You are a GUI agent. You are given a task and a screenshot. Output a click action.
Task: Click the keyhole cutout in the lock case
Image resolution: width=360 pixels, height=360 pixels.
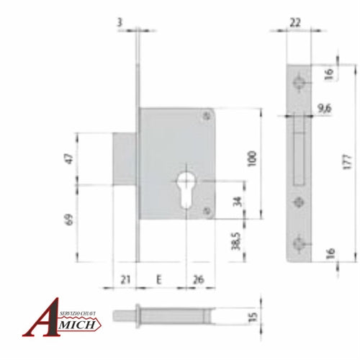point(185,189)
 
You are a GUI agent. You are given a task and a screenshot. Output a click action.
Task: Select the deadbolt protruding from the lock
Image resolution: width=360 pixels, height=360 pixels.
point(125,158)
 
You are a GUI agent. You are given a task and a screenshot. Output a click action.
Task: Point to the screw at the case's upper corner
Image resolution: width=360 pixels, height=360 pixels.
point(207,114)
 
